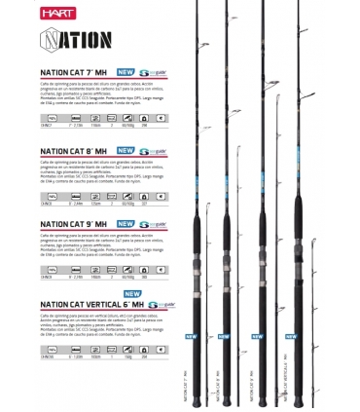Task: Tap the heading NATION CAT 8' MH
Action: click(x=73, y=151)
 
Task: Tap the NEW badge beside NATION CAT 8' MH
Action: click(x=126, y=151)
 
